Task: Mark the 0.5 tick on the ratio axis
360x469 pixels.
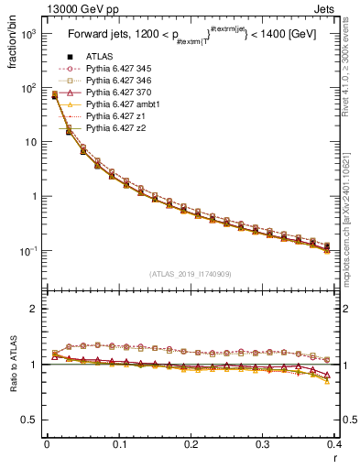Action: pyautogui.click(x=35, y=420)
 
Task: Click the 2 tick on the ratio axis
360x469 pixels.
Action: pyautogui.click(x=38, y=310)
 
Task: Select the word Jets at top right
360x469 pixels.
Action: pyautogui.click(x=342, y=8)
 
